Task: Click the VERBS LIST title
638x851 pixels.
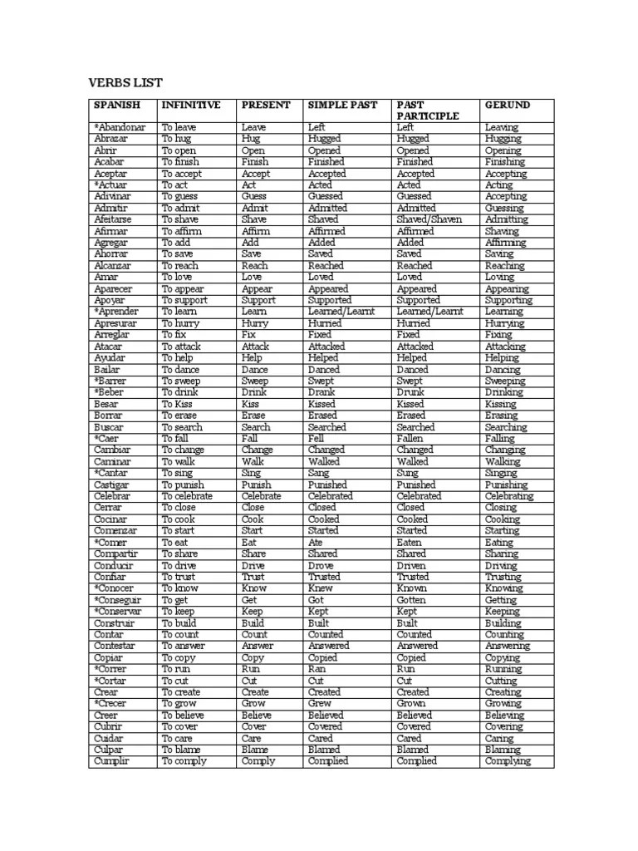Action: pyautogui.click(x=125, y=82)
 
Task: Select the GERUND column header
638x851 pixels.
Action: pyautogui.click(x=508, y=105)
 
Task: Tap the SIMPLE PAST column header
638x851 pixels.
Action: pyautogui.click(x=342, y=105)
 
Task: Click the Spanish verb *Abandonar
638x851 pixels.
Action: pyautogui.click(x=120, y=127)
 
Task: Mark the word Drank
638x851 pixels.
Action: pyautogui.click(x=322, y=392)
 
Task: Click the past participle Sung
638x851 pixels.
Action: pyautogui.click(x=408, y=473)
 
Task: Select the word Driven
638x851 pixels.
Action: pyautogui.click(x=413, y=565)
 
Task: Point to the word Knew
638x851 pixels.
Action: pyautogui.click(x=321, y=588)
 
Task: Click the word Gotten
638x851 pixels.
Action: pyautogui.click(x=411, y=600)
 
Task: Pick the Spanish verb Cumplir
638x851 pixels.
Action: pyautogui.click(x=111, y=761)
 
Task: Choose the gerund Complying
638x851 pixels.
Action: pyautogui.click(x=508, y=761)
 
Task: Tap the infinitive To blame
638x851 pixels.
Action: pyautogui.click(x=182, y=750)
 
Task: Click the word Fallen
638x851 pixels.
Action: pyautogui.click(x=410, y=438)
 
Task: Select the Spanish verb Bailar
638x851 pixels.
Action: pyautogui.click(x=108, y=369)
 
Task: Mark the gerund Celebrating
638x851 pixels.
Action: pyautogui.click(x=509, y=496)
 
